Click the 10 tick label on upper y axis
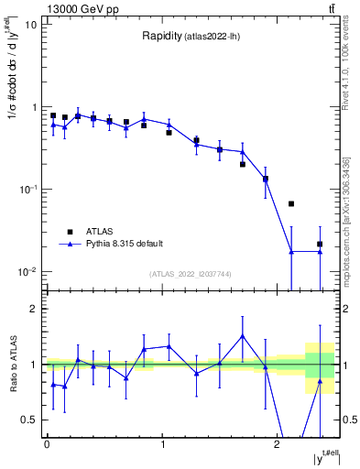coord(30,25)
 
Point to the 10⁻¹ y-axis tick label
coord(27,190)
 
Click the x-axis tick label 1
coord(162,444)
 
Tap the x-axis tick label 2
coord(278,444)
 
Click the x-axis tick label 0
coord(47,444)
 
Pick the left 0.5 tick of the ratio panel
coord(29,420)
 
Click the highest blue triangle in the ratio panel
coord(243,336)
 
